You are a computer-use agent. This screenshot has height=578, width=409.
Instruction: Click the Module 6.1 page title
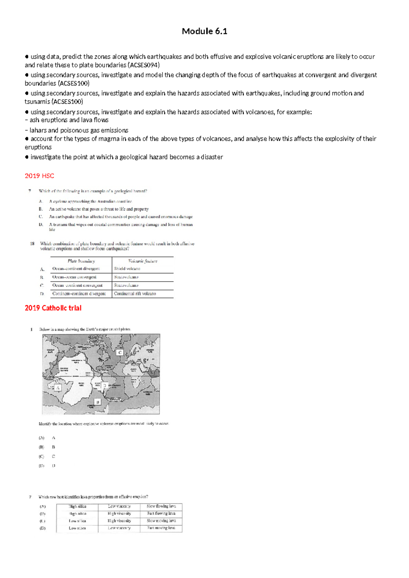tap(204, 31)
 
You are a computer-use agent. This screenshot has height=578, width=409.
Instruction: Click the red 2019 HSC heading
tap(39, 176)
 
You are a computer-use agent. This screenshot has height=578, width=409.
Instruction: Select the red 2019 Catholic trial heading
tap(53, 308)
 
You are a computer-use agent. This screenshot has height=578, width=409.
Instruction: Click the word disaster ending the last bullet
tap(212, 157)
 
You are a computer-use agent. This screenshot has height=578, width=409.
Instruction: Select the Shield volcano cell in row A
tap(127, 269)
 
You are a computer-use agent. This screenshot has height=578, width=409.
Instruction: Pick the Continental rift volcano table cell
tap(135, 293)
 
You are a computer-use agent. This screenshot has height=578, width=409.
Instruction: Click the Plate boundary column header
tap(81, 261)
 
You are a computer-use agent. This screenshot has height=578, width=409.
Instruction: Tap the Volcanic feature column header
tap(142, 261)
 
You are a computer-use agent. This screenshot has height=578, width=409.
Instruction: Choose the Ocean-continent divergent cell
tap(76, 269)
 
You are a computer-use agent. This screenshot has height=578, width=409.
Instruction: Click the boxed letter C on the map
tap(120, 352)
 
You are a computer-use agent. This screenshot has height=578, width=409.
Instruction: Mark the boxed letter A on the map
tap(58, 388)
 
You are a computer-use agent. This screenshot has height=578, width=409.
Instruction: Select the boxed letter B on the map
tap(98, 402)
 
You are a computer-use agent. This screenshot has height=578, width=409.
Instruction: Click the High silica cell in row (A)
tap(77, 506)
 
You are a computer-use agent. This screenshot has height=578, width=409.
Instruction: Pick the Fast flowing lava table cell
tap(161, 513)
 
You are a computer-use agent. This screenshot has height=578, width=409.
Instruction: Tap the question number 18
tap(32, 244)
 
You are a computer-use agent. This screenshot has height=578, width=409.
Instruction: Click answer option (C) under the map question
tap(42, 456)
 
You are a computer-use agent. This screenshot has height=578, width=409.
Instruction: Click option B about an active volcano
tap(99, 209)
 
